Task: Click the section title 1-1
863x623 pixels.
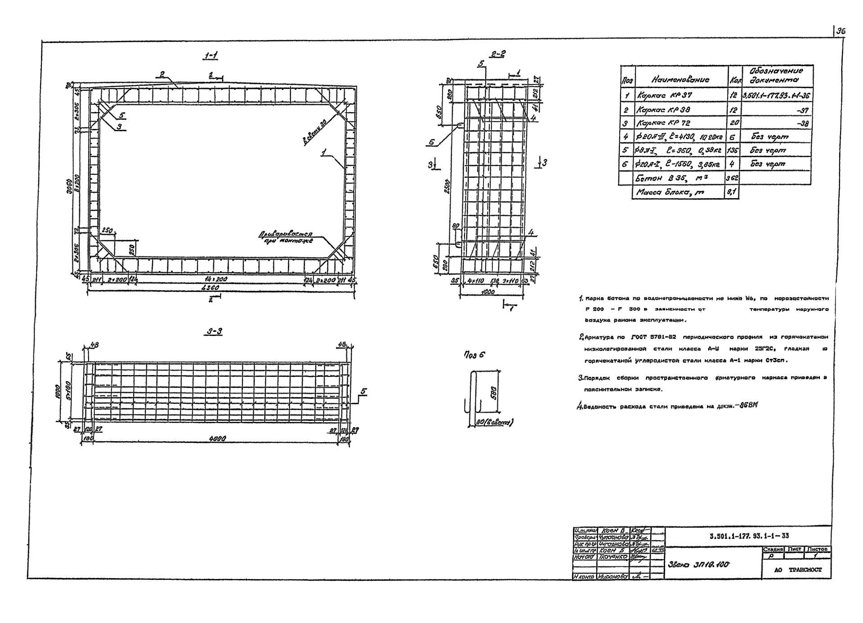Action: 210,56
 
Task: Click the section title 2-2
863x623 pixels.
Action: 498,54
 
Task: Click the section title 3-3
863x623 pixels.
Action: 215,332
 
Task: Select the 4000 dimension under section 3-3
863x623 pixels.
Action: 217,438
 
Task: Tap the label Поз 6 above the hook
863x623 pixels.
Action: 475,355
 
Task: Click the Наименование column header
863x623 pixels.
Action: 680,80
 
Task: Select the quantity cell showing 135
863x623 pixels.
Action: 732,150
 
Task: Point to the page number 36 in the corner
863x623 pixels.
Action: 841,31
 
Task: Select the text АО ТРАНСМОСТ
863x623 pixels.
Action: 798,570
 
